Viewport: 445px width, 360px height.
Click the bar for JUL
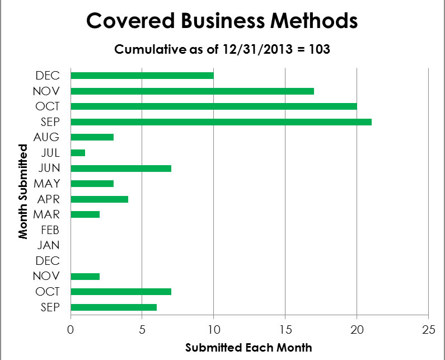pos(78,152)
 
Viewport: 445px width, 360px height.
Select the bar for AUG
pos(92,137)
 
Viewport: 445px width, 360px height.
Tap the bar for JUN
pos(121,168)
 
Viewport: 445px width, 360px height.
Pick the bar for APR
pos(100,199)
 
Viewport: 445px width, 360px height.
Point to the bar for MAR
pos(85,214)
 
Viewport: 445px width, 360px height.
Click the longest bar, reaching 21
pos(221,121)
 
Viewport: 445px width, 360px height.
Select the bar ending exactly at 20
pos(214,106)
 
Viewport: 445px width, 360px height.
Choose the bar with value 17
pos(193,91)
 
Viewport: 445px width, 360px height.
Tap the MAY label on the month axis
pos(48,183)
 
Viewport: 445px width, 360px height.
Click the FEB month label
pos(50,230)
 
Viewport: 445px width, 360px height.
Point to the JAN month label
pos(50,245)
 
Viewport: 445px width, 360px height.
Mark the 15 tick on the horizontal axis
pos(285,330)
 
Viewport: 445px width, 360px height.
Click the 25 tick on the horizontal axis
pos(428,330)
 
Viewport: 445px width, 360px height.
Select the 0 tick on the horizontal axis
pos(71,330)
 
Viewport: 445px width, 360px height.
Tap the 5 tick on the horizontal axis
pos(142,330)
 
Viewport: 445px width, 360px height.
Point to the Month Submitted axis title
pos(23,191)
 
